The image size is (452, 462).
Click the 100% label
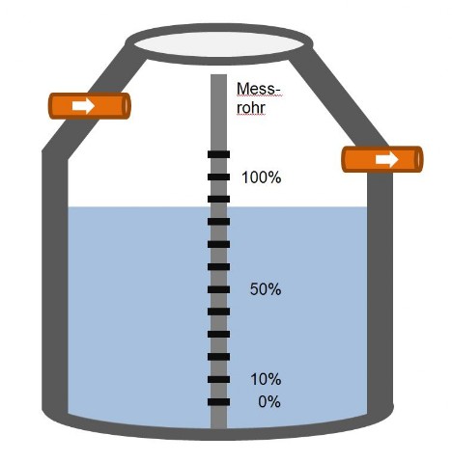[x=262, y=177]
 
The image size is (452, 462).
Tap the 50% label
[x=266, y=289]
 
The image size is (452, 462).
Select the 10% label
[x=266, y=379]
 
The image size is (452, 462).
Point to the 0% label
[x=269, y=402]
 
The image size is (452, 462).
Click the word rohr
[x=251, y=108]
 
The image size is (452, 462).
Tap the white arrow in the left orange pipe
[x=83, y=106]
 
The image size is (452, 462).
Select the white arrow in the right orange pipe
[x=386, y=159]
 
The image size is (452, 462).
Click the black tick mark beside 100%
[x=218, y=177]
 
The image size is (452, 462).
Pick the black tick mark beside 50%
[x=218, y=289]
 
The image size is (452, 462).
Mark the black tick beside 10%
[x=218, y=379]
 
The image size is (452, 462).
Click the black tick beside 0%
[x=218, y=402]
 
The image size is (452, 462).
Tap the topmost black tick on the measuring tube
[x=218, y=154]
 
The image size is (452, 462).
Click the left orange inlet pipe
[x=90, y=106]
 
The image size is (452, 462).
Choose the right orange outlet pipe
[x=382, y=159]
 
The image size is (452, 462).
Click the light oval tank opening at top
[x=219, y=44]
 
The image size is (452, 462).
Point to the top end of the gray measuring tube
[x=218, y=75]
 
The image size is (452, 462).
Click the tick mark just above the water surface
[x=218, y=199]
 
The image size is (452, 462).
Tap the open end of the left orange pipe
[x=127, y=106]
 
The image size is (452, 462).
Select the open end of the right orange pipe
[x=419, y=159]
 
